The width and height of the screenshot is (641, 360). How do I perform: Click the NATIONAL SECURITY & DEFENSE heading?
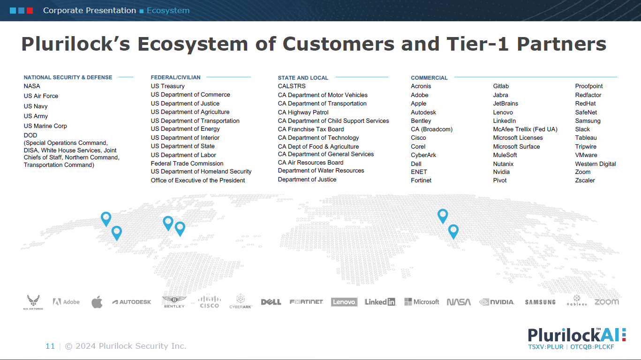coord(68,77)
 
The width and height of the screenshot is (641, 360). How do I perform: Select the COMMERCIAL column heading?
coord(429,78)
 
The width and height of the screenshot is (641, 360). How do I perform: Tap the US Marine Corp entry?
coord(45,126)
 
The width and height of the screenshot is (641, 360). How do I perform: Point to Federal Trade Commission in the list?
coord(187,164)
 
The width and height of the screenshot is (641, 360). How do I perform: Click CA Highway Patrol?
coord(303,112)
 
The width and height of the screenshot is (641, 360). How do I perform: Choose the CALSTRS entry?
coord(292,86)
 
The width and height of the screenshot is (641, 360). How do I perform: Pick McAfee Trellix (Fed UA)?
coord(525,129)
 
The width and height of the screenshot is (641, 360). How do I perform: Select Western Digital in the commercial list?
coord(595,164)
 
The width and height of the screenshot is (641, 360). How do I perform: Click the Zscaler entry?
coord(585,180)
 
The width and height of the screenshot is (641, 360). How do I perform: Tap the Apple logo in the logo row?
coord(97,302)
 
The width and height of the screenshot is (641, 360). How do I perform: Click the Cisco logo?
coord(210,302)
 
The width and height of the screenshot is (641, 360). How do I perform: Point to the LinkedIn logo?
coord(380,302)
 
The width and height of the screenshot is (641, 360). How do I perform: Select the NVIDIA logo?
coord(497,302)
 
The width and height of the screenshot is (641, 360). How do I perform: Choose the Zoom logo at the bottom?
coord(606,302)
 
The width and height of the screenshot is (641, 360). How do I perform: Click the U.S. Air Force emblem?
coord(33,302)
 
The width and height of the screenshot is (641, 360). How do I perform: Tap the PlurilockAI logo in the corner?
coord(577,338)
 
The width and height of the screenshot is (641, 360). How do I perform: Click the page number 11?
coord(50,346)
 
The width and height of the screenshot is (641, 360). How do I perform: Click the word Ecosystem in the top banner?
coord(168,11)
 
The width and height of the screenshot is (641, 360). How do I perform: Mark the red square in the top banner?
coord(30,11)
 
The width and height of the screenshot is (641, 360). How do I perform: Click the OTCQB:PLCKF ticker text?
coord(592,347)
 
